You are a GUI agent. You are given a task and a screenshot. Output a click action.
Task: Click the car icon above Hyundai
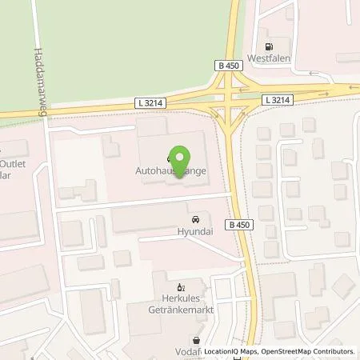point(194,218)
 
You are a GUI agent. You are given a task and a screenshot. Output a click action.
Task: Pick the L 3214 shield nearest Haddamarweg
point(147,103)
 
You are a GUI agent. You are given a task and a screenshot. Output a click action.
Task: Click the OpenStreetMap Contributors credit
point(308,351)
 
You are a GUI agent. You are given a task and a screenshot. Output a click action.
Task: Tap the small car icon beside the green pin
point(169,158)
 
